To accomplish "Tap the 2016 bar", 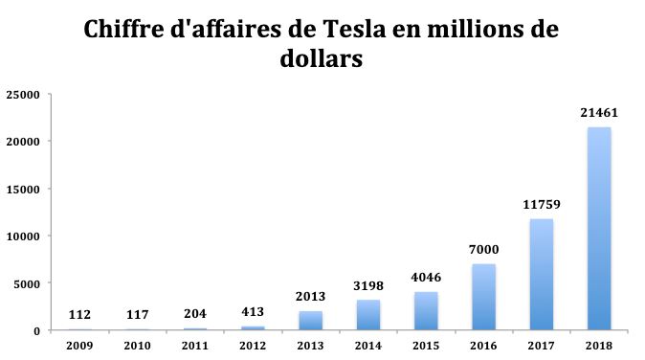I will (483, 298).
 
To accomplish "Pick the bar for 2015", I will (426, 311).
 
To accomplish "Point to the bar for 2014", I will (368, 316).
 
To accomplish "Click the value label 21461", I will (599, 113).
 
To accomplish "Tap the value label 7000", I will (483, 250).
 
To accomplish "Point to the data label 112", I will (80, 315).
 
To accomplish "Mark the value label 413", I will (253, 312).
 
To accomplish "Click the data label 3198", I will (368, 285).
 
